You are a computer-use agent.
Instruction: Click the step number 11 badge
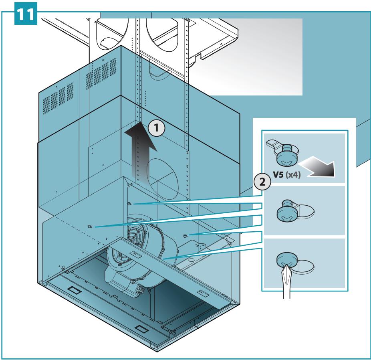point(26,14)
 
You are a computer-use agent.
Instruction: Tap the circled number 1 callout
point(156,128)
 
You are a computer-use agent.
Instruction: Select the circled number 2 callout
point(262,182)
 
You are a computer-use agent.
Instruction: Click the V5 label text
point(278,175)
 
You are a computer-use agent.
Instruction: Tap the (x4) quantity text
point(293,175)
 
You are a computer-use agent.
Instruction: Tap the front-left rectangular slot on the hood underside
point(75,290)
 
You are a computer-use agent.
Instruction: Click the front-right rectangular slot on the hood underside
point(141,329)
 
